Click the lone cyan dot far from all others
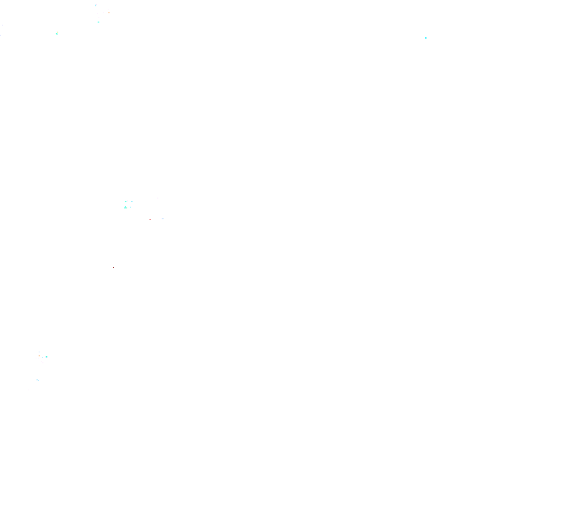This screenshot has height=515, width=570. pyautogui.click(x=425, y=38)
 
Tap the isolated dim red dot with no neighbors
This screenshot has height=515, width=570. pyautogui.click(x=114, y=268)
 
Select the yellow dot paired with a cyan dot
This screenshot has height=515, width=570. pyautogui.click(x=57, y=32)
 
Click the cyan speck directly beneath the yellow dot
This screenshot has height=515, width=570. pyautogui.click(x=57, y=34)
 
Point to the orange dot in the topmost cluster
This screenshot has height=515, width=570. pyautogui.click(x=109, y=12)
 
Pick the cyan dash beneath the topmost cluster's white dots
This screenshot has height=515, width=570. pyautogui.click(x=98, y=22)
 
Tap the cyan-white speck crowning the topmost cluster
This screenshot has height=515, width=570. pyautogui.click(x=96, y=5)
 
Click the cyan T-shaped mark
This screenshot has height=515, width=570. pyautogui.click(x=126, y=208)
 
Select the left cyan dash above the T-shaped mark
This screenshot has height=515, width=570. pyautogui.click(x=126, y=201)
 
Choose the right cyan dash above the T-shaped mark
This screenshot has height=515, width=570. pyautogui.click(x=132, y=201)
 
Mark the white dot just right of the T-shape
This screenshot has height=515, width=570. pyautogui.click(x=130, y=208)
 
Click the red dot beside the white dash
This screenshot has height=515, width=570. pyautogui.click(x=150, y=219)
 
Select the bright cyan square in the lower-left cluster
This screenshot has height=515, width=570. pyautogui.click(x=47, y=357)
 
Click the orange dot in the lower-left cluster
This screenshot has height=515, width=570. pyautogui.click(x=39, y=355)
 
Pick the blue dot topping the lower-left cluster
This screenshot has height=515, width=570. pyautogui.click(x=39, y=352)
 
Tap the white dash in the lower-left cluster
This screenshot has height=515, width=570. pyautogui.click(x=43, y=362)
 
